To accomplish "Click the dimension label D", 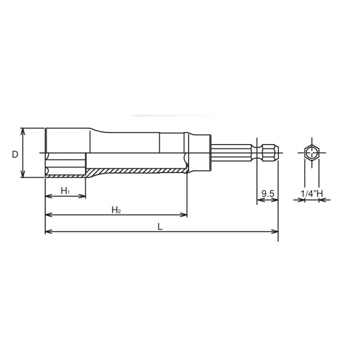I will coord(15,154).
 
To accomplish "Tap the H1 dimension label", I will coord(65,191).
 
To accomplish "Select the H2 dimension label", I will coord(116,209).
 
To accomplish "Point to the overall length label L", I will coord(160,226).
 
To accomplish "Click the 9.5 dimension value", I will coord(268,194).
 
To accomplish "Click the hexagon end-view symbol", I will coord(311,153).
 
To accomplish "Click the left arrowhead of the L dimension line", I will coord(48,232).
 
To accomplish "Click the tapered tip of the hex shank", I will coord(275,153).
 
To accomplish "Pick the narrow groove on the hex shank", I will coord(256,153).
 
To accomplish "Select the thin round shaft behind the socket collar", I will coord(229,153).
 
